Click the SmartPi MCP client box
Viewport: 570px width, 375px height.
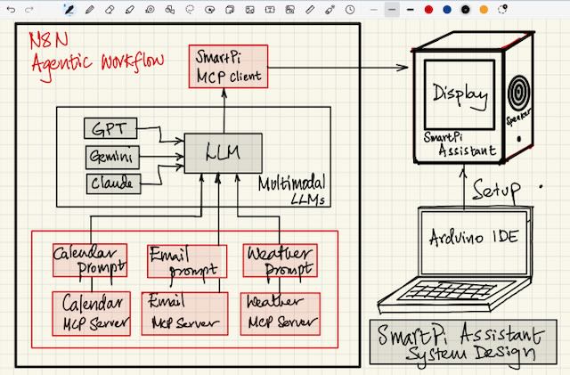click(227, 66)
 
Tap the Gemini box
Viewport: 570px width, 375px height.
click(112, 157)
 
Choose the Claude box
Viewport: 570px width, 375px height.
click(112, 183)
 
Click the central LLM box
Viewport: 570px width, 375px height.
click(223, 153)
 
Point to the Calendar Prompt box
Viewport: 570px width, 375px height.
click(89, 260)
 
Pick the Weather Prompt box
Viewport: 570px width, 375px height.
click(280, 260)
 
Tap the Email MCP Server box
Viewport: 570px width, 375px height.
click(184, 313)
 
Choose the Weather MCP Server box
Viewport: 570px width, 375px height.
click(279, 313)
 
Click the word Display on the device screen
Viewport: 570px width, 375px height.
click(460, 94)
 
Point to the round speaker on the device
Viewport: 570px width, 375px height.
click(519, 91)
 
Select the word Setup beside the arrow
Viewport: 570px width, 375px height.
click(496, 191)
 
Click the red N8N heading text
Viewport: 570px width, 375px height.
click(50, 40)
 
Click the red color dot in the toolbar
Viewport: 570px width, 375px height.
click(428, 10)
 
